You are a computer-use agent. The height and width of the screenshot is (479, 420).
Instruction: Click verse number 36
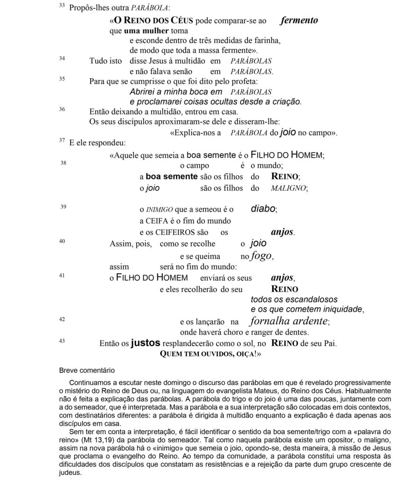click(x=62, y=109)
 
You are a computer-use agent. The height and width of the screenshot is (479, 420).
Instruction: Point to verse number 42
click(x=62, y=319)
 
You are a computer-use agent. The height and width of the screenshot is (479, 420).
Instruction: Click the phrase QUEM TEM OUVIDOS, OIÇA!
click(x=210, y=355)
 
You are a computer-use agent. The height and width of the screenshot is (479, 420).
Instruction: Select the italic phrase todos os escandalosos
click(x=294, y=299)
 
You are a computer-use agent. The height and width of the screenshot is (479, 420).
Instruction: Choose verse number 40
click(x=62, y=241)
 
